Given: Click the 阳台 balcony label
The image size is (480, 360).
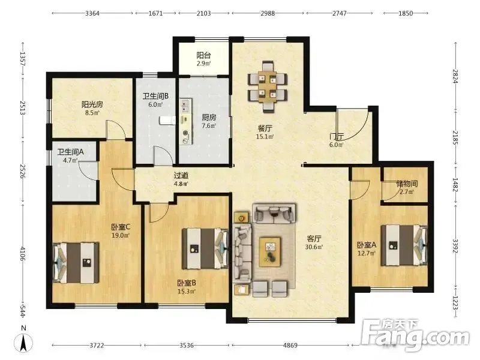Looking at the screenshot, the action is (203, 55).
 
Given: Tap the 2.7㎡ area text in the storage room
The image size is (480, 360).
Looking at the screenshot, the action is (407, 192).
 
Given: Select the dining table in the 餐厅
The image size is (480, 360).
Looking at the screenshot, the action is (267, 87).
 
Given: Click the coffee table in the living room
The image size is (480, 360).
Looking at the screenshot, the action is (270, 251).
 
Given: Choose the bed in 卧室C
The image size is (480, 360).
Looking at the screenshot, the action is (76, 263).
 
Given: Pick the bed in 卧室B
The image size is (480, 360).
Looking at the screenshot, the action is (205, 248).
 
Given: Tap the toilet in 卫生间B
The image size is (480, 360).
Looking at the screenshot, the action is (167, 121).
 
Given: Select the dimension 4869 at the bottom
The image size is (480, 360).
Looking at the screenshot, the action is (290, 346).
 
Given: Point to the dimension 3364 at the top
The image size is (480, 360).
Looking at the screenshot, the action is (92, 13).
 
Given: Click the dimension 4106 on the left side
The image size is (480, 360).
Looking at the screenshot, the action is (22, 254).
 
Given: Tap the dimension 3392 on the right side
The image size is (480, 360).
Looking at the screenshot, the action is (455, 246).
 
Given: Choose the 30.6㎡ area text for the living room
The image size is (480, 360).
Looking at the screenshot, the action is (314, 247).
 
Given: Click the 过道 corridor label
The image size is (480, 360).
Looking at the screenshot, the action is (181, 176).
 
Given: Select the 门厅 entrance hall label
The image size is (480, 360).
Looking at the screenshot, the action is (337, 137).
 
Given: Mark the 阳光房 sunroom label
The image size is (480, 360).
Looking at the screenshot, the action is (92, 104).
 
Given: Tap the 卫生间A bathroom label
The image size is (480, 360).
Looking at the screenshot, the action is (71, 152).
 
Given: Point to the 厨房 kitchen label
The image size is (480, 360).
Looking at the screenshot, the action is (209, 117).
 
